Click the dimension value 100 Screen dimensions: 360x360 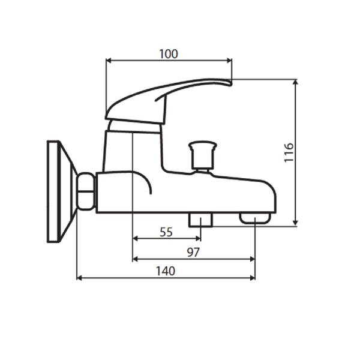coord(169,54)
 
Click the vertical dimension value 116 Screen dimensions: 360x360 coord(289,153)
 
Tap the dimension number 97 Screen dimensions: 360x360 coord(193,253)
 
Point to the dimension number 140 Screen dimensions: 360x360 coord(165,271)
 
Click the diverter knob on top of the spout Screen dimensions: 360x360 coord(202,154)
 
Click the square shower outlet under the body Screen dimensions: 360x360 coord(200,219)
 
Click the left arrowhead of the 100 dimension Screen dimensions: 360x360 coord(108,60)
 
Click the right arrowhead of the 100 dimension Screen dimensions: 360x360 coord(229,60)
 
